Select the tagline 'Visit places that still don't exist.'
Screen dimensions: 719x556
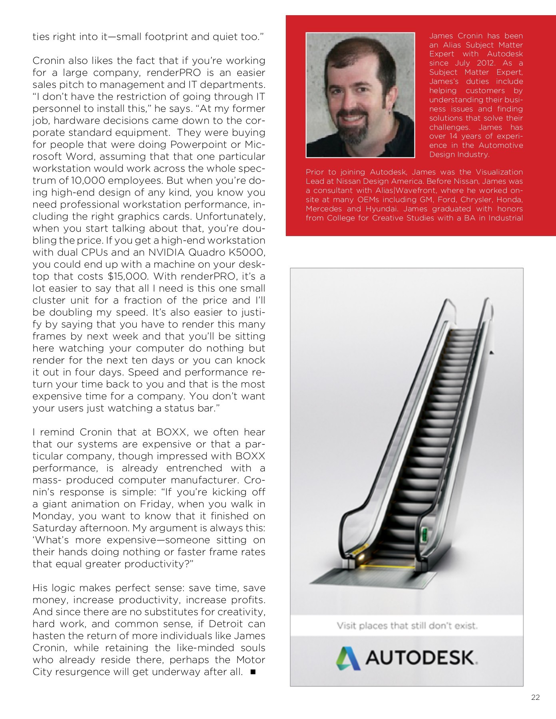(407, 626)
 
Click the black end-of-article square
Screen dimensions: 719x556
(253, 672)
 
